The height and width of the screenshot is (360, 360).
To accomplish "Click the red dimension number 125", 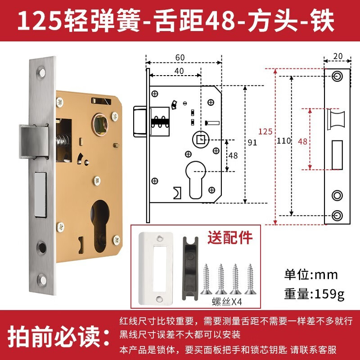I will pos(265,132).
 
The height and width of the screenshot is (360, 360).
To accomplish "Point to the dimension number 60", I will pos(180,57).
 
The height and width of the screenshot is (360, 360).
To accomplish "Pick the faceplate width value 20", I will pos(337,56).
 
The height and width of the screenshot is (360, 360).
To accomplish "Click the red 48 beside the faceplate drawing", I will pos(302,141).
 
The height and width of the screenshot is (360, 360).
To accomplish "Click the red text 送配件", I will pos(229,237).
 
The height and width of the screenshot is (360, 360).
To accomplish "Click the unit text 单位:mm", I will pos(310,274).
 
